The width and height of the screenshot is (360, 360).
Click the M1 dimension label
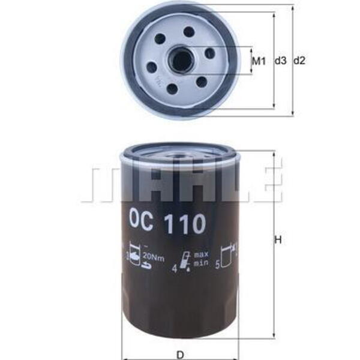[x=259, y=61]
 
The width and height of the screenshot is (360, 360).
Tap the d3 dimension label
[x=281, y=61]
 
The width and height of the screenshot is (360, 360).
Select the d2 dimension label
[x=299, y=61]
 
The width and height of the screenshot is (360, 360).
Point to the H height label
[x=278, y=240]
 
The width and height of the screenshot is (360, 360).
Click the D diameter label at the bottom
[x=181, y=355]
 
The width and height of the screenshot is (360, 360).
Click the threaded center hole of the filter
[x=180, y=61]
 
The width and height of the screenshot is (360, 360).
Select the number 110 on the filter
[x=186, y=223]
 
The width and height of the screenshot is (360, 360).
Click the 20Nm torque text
[x=154, y=258]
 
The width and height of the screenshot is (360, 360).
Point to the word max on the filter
[x=201, y=254]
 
